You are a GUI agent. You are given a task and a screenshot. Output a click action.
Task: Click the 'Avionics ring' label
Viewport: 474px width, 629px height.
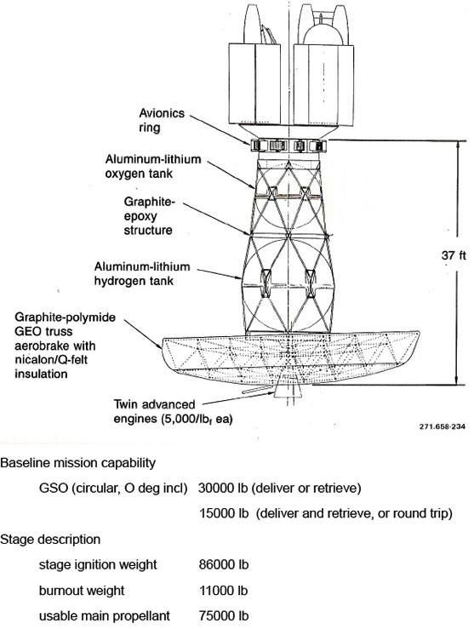tap(162, 120)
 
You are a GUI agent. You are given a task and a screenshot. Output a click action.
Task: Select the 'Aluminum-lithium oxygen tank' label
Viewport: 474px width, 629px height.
tap(153, 166)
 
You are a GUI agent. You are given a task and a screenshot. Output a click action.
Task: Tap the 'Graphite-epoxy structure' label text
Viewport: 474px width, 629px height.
tap(149, 216)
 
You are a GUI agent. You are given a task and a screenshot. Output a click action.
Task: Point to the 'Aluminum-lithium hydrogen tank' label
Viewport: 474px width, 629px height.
tap(142, 273)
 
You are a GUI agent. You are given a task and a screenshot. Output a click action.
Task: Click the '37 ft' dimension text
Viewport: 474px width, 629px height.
tap(454, 255)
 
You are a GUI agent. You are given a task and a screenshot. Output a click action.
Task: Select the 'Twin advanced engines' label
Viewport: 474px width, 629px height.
tap(174, 412)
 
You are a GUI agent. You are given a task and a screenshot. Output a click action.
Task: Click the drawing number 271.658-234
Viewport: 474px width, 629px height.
tap(443, 426)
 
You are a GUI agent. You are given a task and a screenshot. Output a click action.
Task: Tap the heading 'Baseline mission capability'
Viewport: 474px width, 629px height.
tap(77, 463)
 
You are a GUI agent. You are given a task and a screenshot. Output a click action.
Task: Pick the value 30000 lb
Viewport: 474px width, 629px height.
tap(223, 488)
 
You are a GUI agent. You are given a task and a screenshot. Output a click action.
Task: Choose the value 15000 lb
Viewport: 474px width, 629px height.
tap(223, 513)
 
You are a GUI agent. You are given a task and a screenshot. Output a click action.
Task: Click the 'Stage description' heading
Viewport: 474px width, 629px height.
tap(50, 540)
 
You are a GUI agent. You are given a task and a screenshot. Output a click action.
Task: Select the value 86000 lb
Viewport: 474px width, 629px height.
tap(223, 565)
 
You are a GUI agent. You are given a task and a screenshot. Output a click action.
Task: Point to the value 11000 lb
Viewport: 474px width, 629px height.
tap(223, 591)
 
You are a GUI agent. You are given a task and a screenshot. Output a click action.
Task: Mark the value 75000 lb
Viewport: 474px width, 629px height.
tap(223, 615)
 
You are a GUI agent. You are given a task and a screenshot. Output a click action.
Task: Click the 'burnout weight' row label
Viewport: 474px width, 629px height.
tap(82, 591)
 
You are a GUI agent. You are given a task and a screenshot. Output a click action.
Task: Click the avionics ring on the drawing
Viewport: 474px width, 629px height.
tap(288, 146)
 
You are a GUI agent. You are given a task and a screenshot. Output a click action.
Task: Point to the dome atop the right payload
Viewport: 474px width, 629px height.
tap(323, 34)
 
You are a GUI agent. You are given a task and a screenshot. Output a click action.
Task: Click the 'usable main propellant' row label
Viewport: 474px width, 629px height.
tap(105, 615)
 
